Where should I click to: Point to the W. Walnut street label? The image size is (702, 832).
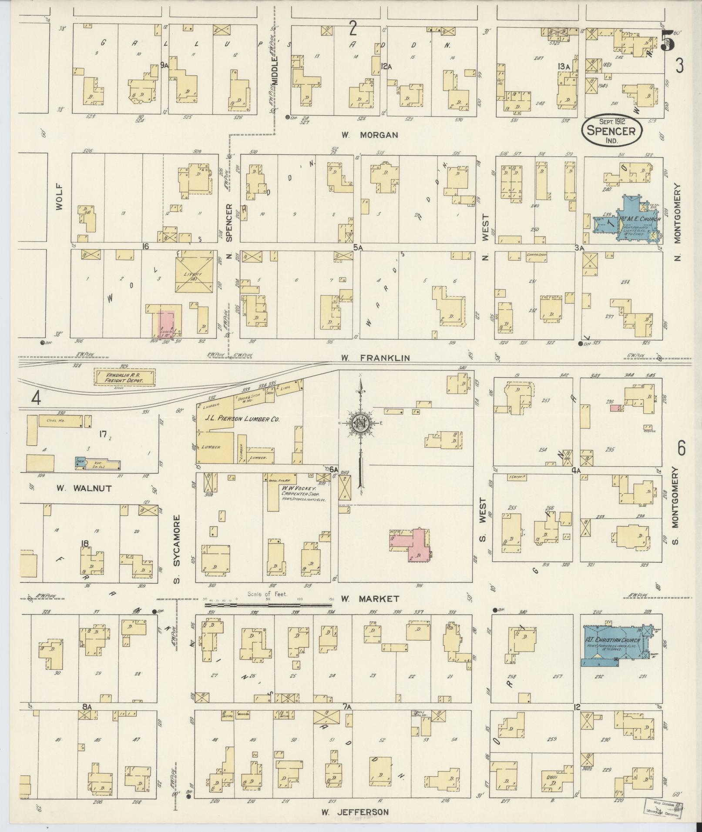[x=84, y=488]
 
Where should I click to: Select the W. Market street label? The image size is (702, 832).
[x=369, y=599]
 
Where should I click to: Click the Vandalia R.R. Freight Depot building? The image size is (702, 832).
[x=124, y=377]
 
